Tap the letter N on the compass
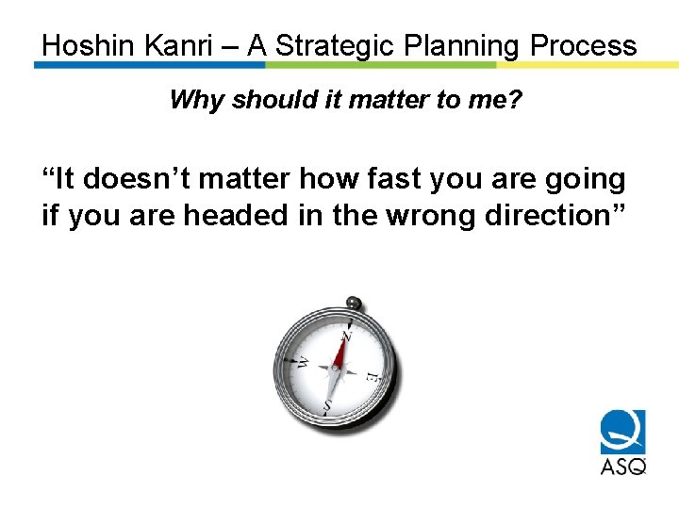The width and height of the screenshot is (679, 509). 346,336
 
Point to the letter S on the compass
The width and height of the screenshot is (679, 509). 327,406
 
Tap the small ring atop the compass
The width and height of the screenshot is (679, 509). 354,303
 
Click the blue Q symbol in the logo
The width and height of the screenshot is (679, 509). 622,433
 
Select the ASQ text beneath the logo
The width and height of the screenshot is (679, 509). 622,466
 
